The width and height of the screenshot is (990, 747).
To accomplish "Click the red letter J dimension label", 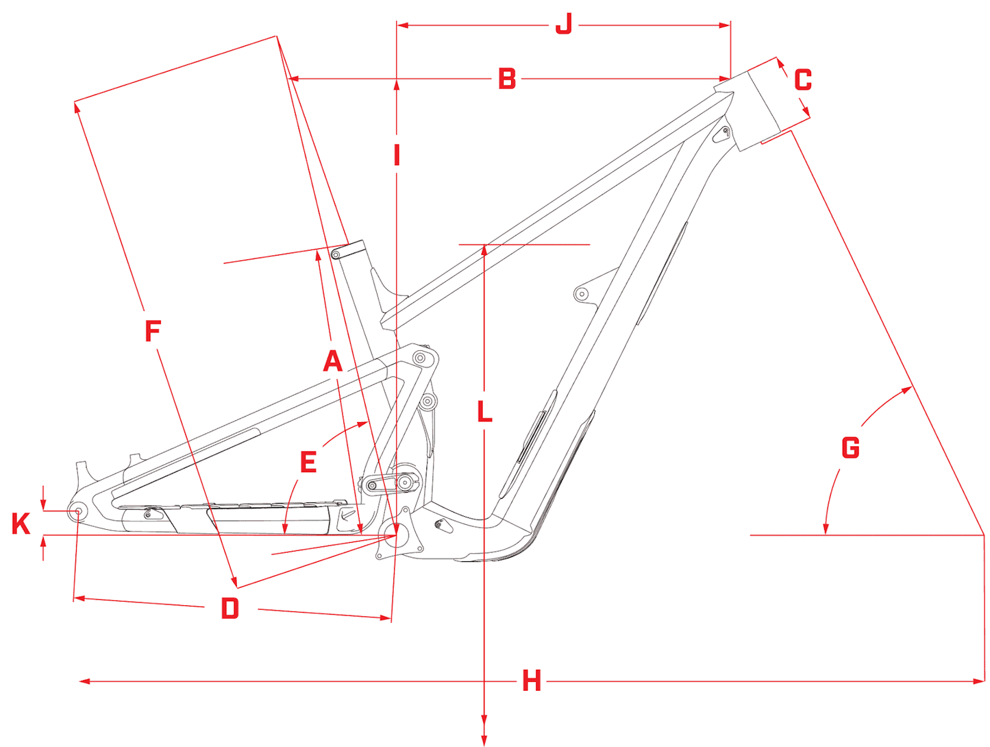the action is tap(563, 24).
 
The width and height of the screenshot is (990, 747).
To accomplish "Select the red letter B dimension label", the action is tap(506, 79).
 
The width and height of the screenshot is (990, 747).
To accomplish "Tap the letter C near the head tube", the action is tap(803, 80).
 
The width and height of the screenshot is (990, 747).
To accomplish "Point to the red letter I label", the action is tap(397, 155).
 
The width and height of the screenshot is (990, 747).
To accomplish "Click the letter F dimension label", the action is tap(153, 330).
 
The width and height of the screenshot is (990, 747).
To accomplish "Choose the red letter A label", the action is tap(333, 361).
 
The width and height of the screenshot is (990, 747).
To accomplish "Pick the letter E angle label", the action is tap(308, 462).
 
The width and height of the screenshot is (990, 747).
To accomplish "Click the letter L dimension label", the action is tap(484, 411).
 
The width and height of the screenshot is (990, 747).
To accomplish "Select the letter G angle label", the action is tap(850, 448).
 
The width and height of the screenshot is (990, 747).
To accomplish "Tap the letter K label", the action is tap(21, 524).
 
